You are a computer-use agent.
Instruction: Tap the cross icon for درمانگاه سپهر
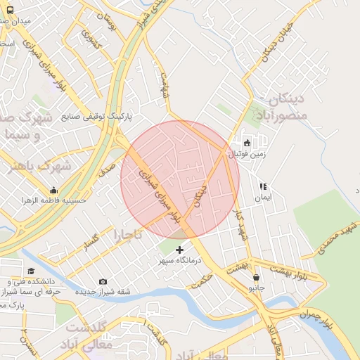pos(179,249)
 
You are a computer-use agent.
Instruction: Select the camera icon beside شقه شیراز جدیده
pos(103,282)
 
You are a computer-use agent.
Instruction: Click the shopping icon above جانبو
pos(255,277)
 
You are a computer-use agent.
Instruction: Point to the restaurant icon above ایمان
pos(263,187)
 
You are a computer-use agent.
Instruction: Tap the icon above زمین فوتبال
pos(246,143)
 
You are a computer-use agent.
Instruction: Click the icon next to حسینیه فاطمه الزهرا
pos(53,190)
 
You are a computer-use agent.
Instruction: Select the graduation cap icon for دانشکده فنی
pos(30,271)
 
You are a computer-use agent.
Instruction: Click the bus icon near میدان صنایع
pos(9,11)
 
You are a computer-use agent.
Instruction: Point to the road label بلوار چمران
pos(316,316)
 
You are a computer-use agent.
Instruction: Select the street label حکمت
pos(202,280)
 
